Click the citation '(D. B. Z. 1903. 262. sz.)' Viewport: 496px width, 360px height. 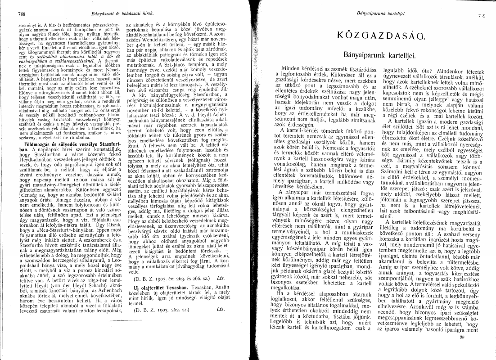(155, 322)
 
